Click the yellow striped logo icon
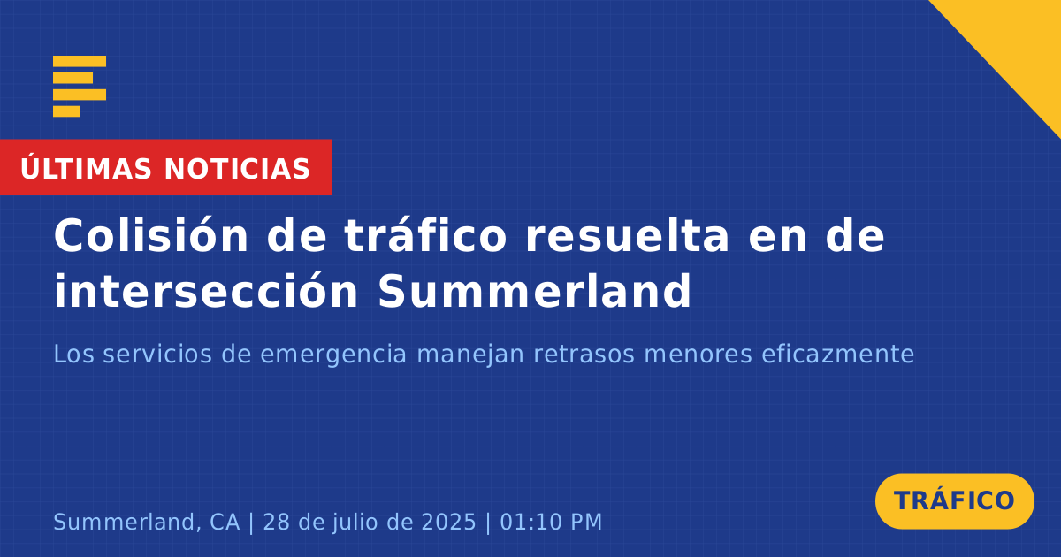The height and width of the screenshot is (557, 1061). pyautogui.click(x=80, y=87)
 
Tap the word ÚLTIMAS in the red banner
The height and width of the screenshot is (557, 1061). pyautogui.click(x=86, y=168)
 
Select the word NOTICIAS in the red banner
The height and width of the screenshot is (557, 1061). pyautogui.click(x=237, y=169)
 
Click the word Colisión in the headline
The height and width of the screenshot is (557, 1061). pyautogui.click(x=151, y=236)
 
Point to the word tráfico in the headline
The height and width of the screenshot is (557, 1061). pyautogui.click(x=426, y=236)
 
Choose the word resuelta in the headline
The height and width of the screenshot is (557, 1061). pyautogui.click(x=627, y=236)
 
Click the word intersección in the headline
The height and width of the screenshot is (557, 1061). pyautogui.click(x=206, y=291)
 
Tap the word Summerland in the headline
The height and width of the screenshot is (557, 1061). pyautogui.click(x=535, y=291)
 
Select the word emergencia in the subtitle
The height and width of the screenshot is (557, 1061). pyautogui.click(x=333, y=355)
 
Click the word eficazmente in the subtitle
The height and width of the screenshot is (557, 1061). pyautogui.click(x=837, y=354)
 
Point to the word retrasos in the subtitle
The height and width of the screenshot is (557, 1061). pyautogui.click(x=584, y=355)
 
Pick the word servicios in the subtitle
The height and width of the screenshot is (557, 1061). pyautogui.click(x=157, y=354)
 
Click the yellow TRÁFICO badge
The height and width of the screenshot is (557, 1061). pyautogui.click(x=954, y=501)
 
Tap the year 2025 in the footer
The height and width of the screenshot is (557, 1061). pyautogui.click(x=448, y=522)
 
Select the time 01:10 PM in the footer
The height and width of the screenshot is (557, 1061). pyautogui.click(x=551, y=522)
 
